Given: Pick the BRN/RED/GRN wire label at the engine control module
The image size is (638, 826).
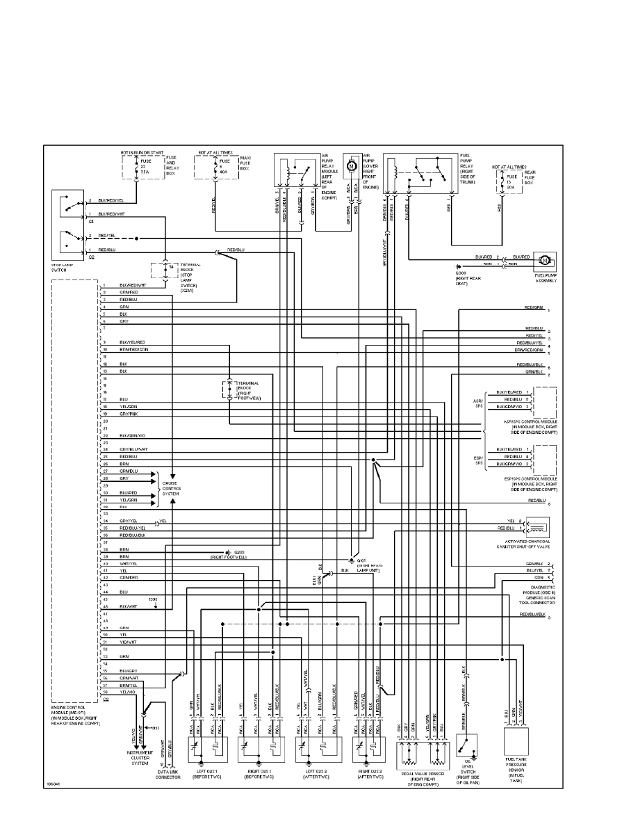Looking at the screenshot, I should [x=133, y=349].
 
